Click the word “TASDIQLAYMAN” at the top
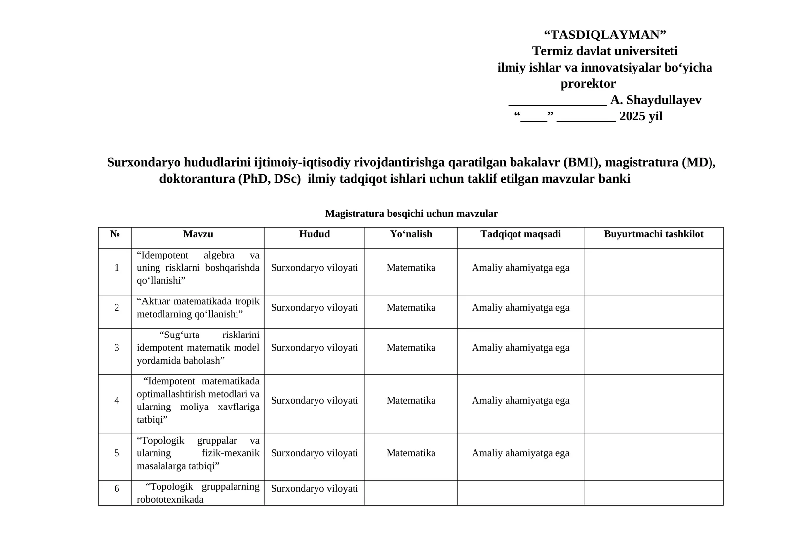pyautogui.click(x=604, y=35)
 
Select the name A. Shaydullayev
pyautogui.click(x=656, y=100)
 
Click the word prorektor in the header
pyautogui.click(x=588, y=84)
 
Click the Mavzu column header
pyautogui.click(x=198, y=234)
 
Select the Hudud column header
pyautogui.click(x=315, y=234)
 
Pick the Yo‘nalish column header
pyautogui.click(x=411, y=234)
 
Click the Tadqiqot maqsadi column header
pyautogui.click(x=520, y=234)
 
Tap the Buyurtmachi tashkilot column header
pyautogui.click(x=653, y=234)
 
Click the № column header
pyautogui.click(x=115, y=234)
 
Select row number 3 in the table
pyautogui.click(x=117, y=348)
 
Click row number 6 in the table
pyautogui.click(x=117, y=489)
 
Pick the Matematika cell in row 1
pyautogui.click(x=411, y=268)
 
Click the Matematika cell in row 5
pyautogui.click(x=411, y=453)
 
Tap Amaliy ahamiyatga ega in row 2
pyautogui.click(x=520, y=308)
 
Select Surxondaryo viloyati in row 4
pyautogui.click(x=315, y=401)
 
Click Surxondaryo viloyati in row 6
pyautogui.click(x=315, y=489)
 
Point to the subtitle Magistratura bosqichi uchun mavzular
pyautogui.click(x=411, y=214)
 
